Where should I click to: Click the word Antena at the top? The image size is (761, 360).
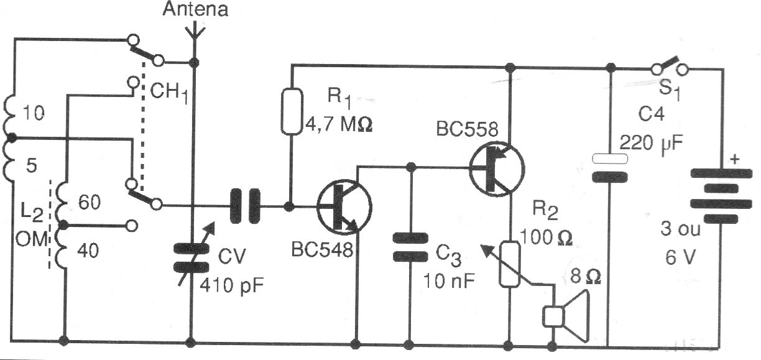pos(195,9)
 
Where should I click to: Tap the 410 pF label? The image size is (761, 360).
pos(232,287)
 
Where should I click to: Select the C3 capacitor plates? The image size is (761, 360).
pos(410,247)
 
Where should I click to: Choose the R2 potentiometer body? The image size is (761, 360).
pos(510,264)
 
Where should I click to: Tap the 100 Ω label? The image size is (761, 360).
pos(545,236)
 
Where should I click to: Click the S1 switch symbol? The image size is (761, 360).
pos(668,65)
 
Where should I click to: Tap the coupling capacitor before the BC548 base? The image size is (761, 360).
pos(245,206)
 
